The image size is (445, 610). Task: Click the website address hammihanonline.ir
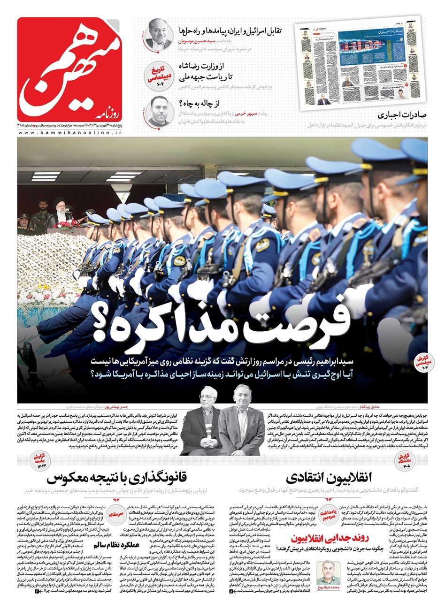[70, 133]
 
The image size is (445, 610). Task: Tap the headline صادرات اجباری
[403, 115]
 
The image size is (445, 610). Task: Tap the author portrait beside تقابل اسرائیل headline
[159, 34]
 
